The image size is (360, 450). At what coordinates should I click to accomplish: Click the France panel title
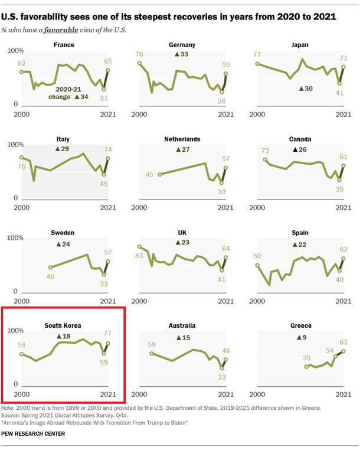[x=64, y=45]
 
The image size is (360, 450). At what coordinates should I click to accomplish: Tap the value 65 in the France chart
[x=107, y=61]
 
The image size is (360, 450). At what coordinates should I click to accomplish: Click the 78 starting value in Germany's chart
[x=140, y=54]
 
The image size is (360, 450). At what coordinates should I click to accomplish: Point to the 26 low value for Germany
[x=222, y=101]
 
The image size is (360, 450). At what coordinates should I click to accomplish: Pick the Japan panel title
[x=300, y=45]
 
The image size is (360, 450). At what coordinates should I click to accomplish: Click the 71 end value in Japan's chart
[x=343, y=58]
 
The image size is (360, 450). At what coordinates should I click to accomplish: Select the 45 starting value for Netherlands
[x=150, y=174]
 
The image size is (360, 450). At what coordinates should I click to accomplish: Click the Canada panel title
[x=300, y=139]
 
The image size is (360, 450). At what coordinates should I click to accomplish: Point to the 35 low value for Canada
[x=339, y=190]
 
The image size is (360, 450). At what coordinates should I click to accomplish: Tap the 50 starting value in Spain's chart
[x=257, y=256]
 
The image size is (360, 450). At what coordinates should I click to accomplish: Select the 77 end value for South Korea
[x=107, y=334]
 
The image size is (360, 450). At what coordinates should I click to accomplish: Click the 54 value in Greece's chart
[x=329, y=350]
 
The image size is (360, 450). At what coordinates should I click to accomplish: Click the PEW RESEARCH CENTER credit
[x=33, y=434]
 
